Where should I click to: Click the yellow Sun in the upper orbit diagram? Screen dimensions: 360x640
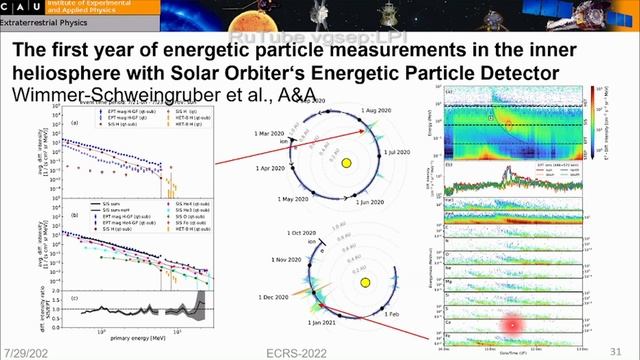[346, 163]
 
